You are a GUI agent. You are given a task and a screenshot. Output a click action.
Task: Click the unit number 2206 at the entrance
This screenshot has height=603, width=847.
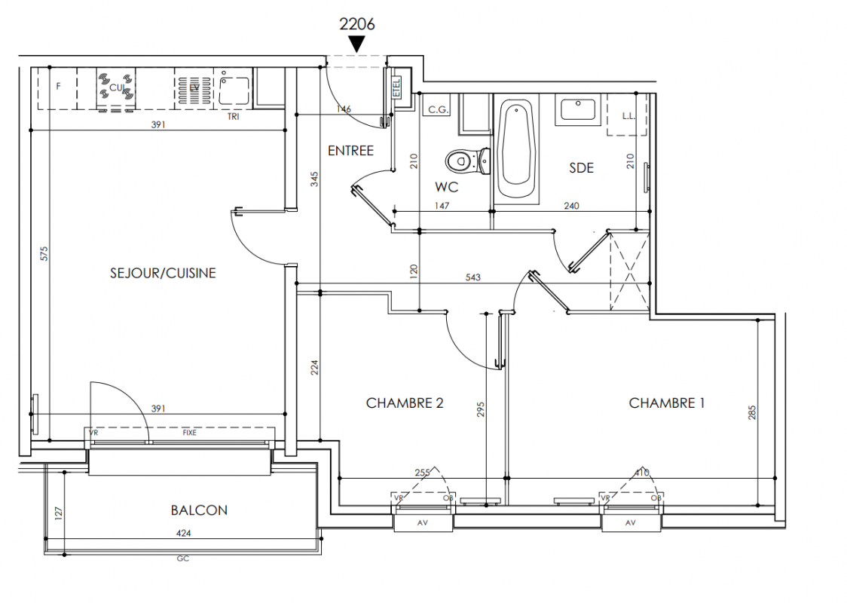pyautogui.click(x=357, y=23)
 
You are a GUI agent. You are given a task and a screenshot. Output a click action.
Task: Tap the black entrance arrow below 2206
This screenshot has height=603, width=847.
pyautogui.click(x=357, y=44)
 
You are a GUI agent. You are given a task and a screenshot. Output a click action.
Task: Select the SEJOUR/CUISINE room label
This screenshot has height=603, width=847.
pyautogui.click(x=163, y=273)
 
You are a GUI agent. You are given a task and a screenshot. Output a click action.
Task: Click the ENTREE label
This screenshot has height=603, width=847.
pyautogui.click(x=350, y=151)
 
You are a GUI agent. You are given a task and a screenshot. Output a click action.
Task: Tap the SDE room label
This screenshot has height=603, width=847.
pyautogui.click(x=581, y=167)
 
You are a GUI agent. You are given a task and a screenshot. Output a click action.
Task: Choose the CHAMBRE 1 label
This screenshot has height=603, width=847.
pyautogui.click(x=666, y=403)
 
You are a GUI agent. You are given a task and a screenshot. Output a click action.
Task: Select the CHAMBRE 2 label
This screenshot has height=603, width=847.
pyautogui.click(x=405, y=403)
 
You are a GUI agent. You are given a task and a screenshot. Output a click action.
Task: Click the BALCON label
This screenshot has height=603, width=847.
pyautogui.click(x=199, y=510)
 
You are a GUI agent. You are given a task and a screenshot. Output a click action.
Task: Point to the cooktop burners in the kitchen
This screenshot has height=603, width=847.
pyautogui.click(x=116, y=87)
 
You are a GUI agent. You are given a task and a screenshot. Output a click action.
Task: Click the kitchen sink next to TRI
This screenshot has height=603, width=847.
pyautogui.click(x=234, y=90)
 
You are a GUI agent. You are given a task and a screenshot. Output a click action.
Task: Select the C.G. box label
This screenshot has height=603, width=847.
pyautogui.click(x=439, y=110)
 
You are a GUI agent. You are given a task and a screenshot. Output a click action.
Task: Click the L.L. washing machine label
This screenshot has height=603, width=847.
pyautogui.click(x=628, y=116)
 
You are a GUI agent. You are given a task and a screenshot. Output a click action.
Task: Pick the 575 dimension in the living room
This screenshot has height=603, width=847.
pyautogui.click(x=43, y=254)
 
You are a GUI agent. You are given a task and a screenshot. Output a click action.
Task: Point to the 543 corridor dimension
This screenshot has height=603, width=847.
pyautogui.click(x=473, y=278)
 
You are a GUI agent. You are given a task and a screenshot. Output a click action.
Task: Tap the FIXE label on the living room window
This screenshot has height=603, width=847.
pyautogui.click(x=191, y=433)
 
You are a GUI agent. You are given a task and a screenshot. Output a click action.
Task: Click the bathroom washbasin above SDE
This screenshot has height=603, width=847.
pyautogui.click(x=576, y=110)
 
